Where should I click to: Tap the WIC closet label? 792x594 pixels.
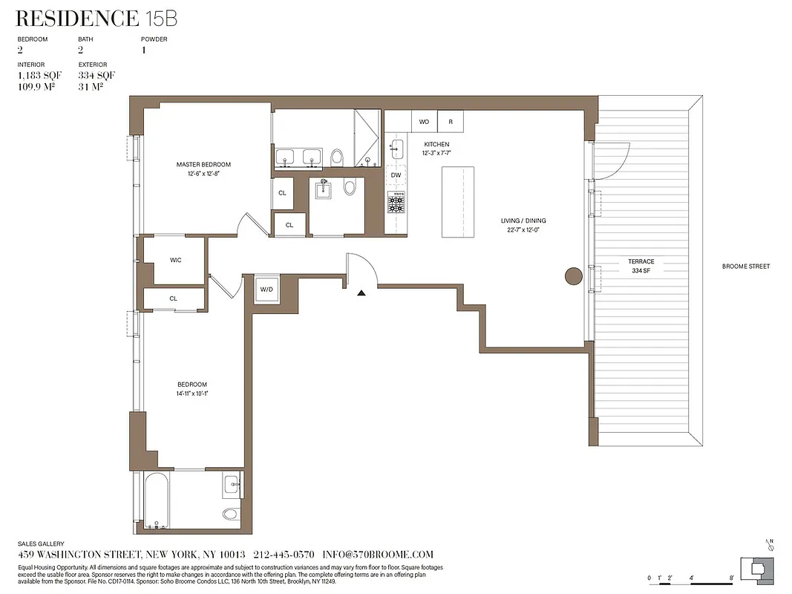(176, 260)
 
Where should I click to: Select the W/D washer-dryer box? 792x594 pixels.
(266, 290)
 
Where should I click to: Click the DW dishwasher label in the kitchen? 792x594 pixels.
(396, 175)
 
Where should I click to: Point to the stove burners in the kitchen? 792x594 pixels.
(396, 201)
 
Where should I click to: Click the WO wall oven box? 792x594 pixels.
(424, 121)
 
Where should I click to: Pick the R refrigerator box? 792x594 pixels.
(451, 121)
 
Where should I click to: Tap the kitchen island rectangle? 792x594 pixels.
(458, 202)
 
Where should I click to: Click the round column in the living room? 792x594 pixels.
(573, 276)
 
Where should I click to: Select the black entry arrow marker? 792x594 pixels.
(361, 293)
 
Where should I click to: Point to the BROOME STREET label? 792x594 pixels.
(746, 266)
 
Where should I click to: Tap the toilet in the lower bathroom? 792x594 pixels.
(229, 513)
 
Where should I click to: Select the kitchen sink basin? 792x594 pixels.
(396, 146)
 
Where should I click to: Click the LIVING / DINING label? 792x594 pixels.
(523, 225)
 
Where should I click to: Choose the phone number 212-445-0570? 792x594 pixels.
(284, 555)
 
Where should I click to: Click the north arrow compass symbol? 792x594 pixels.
(770, 546)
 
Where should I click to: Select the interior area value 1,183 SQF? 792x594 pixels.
(39, 76)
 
